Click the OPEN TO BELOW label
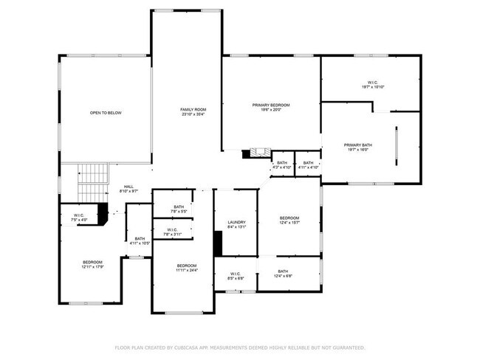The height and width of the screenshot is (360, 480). click(x=106, y=113)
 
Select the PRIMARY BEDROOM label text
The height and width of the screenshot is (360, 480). click(x=271, y=105)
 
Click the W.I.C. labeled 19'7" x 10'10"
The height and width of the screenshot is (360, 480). click(x=372, y=83)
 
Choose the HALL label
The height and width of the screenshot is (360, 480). click(x=128, y=187)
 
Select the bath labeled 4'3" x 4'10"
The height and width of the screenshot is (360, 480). click(x=282, y=164)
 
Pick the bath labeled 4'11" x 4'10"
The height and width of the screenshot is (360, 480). click(x=308, y=164)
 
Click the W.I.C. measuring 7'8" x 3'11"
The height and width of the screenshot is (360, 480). click(x=172, y=231)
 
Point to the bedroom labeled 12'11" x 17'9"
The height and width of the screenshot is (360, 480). click(x=92, y=263)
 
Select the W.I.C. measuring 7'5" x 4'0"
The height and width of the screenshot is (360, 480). click(x=78, y=217)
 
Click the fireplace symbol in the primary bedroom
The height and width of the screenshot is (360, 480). click(x=257, y=153)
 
